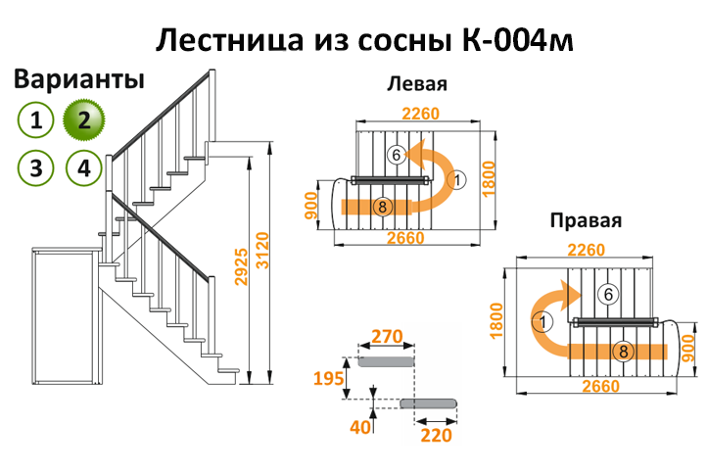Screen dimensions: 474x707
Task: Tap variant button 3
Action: [36, 167]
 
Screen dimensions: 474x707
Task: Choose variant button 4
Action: [84, 167]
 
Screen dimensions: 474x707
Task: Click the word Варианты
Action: [79, 79]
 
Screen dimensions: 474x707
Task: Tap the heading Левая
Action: [417, 83]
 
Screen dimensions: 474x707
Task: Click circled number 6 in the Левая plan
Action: [396, 155]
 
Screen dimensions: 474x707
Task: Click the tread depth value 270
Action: [388, 338]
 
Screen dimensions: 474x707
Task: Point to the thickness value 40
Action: [363, 427]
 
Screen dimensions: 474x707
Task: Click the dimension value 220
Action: [437, 435]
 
